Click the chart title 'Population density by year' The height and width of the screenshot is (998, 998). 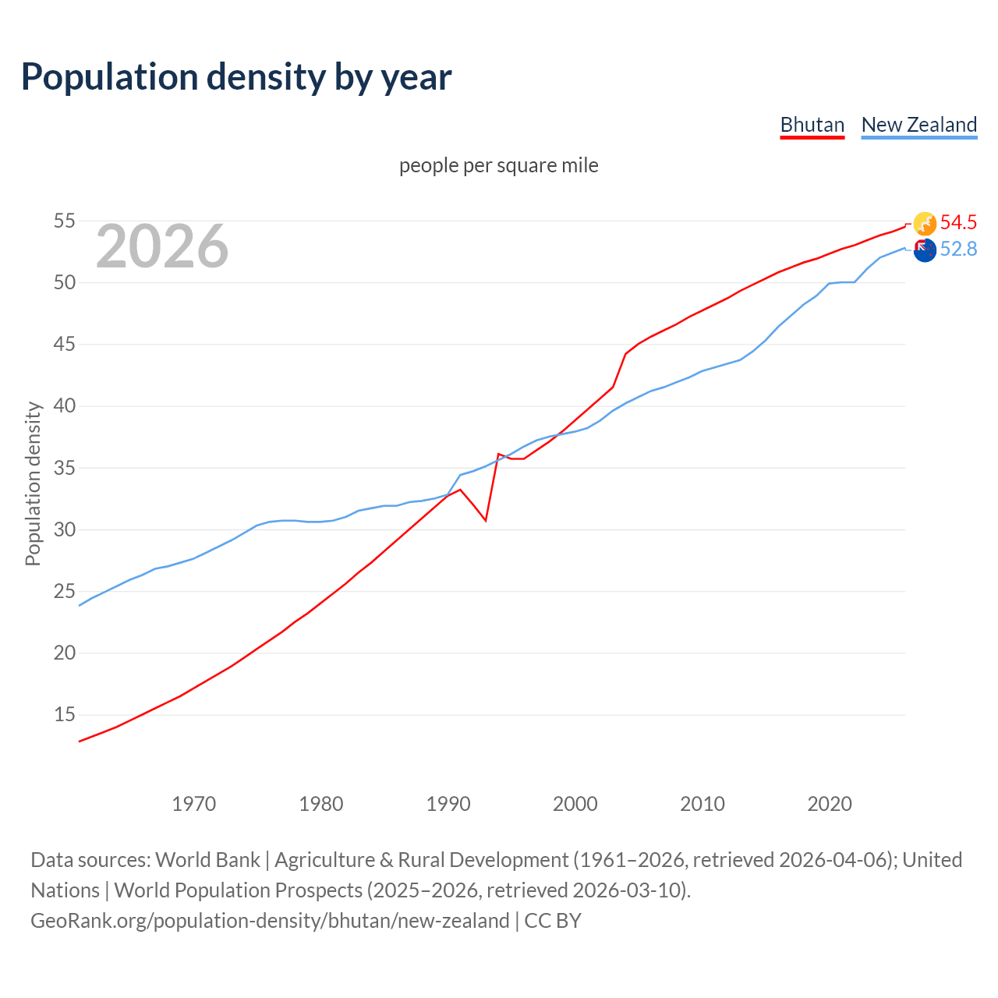click(236, 77)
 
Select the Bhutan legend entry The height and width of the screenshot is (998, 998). click(812, 125)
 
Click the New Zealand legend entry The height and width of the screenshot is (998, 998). click(919, 125)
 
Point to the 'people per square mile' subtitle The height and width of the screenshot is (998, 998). click(499, 165)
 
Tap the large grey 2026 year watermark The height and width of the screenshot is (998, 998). click(162, 246)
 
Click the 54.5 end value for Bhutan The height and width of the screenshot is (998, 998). click(958, 222)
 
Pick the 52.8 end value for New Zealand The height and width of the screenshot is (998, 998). click(958, 249)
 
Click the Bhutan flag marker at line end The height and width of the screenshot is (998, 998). click(925, 224)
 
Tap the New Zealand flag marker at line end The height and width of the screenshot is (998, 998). click(925, 250)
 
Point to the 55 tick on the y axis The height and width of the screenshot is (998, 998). click(65, 221)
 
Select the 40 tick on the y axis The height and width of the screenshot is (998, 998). click(65, 406)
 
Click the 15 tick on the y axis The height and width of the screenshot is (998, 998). click(65, 715)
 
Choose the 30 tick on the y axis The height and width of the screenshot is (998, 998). click(65, 529)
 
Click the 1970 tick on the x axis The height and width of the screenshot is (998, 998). click(194, 804)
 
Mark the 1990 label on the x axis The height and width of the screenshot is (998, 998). click(448, 804)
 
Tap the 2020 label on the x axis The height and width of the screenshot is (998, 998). click(830, 804)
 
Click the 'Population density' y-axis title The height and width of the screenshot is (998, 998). click(33, 483)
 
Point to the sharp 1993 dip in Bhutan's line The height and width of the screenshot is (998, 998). click(486, 520)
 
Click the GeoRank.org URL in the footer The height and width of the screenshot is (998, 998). click(270, 921)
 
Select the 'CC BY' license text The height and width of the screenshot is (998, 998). click(553, 921)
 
